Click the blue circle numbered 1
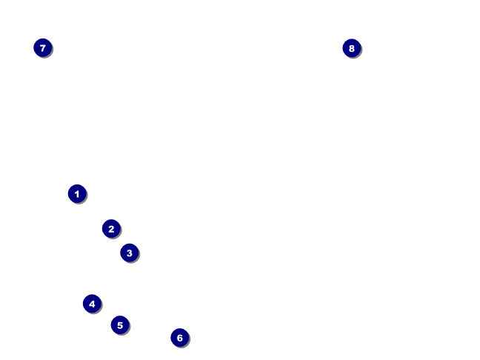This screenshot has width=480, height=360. [x=77, y=194]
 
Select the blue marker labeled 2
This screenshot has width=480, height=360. [x=111, y=229]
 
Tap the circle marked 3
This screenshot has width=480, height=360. [x=129, y=253]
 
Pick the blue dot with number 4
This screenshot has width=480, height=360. [x=92, y=304]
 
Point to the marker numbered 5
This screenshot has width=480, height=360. [x=120, y=325]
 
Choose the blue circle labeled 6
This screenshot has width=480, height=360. [x=179, y=338]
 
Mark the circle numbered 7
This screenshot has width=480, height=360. [x=42, y=48]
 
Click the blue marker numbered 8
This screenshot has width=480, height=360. [x=351, y=48]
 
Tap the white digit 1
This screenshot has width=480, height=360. [x=77, y=194]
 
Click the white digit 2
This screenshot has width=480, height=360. [x=111, y=229]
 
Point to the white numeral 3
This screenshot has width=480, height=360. [x=129, y=253]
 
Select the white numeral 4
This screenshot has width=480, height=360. [x=92, y=304]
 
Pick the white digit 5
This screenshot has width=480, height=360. [x=120, y=325]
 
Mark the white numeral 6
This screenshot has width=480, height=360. [x=179, y=338]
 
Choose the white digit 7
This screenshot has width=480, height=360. [x=42, y=48]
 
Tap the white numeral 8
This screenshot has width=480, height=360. [x=351, y=48]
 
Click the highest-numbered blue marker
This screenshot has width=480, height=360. [x=351, y=48]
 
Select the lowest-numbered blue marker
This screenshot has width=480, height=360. [x=77, y=194]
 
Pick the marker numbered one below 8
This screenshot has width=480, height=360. [x=42, y=48]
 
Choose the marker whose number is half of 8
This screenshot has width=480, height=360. [x=92, y=304]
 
